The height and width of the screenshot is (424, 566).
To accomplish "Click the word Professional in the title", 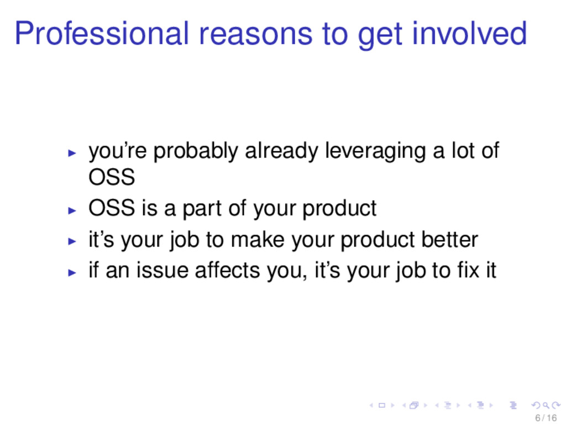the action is pos(102,34).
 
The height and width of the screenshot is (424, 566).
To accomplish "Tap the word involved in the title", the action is pos(469,34).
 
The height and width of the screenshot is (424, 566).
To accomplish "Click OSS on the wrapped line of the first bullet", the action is pos(112,177).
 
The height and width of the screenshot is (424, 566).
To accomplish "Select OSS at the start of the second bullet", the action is pos(112,208).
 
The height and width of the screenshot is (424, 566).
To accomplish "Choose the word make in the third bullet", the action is pos(258,240).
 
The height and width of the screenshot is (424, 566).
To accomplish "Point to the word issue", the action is pos(163,271).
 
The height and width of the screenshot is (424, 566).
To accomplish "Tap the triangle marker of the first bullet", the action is pos(72,153).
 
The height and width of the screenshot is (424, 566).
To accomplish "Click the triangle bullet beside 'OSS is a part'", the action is pos(72,210).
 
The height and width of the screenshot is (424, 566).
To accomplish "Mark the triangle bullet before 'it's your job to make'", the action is pos(72,241).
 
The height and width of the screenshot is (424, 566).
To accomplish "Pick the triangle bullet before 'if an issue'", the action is pos(72,272).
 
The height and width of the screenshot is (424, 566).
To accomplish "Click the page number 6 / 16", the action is pos(546,418).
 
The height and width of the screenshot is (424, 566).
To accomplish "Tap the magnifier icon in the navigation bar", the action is pos(546,406).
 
